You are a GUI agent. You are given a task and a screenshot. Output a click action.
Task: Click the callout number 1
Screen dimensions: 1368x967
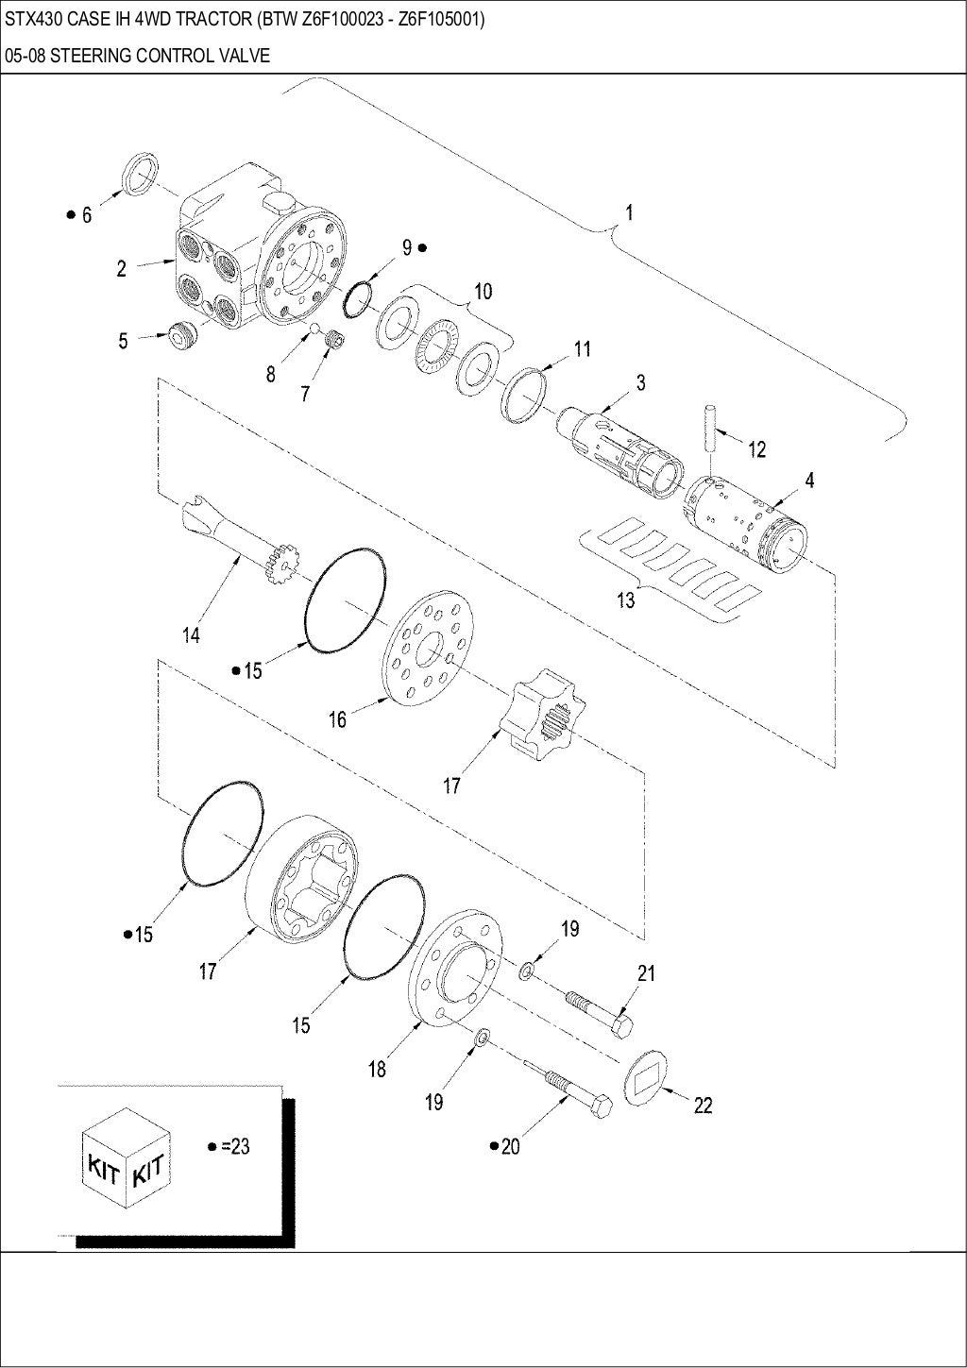click(x=629, y=212)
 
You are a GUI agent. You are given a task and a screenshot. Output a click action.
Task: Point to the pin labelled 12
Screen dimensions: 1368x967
click(x=710, y=428)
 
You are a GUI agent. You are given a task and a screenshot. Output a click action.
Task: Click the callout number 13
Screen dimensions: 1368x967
click(x=626, y=599)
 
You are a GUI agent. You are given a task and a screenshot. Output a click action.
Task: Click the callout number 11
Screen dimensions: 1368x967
click(x=582, y=349)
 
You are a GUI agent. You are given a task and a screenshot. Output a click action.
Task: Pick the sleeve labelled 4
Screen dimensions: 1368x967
click(x=746, y=525)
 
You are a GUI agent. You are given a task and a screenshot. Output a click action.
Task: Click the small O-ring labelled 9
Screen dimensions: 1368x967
click(x=358, y=297)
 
